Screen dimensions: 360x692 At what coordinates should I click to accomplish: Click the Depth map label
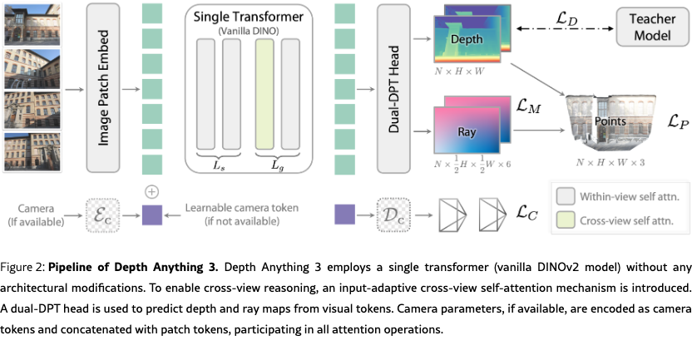click(466, 40)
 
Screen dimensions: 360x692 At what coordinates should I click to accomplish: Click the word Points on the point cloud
click(610, 121)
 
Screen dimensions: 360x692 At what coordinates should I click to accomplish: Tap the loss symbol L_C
click(526, 215)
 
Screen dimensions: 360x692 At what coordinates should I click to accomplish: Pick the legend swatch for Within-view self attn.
click(567, 197)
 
